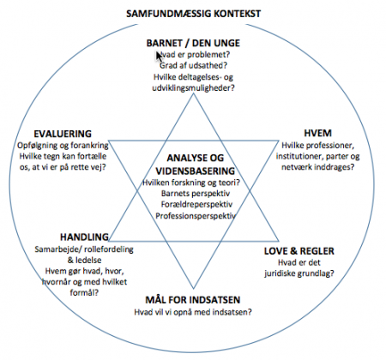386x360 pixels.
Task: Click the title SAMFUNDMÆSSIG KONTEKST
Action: pyautogui.click(x=194, y=14)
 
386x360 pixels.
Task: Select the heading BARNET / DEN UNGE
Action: pyautogui.click(x=193, y=43)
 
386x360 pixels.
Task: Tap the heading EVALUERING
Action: pyautogui.click(x=63, y=134)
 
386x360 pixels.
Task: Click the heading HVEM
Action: pyautogui.click(x=317, y=133)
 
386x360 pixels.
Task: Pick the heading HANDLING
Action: pyautogui.click(x=84, y=237)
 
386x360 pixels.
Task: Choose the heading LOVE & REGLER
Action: pyautogui.click(x=299, y=251)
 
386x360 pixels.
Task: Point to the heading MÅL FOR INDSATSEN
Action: pyautogui.click(x=193, y=300)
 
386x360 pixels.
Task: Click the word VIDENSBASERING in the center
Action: pyautogui.click(x=196, y=171)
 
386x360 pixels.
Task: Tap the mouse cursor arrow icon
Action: pyautogui.click(x=159, y=57)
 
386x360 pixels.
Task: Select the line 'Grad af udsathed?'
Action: pyautogui.click(x=193, y=65)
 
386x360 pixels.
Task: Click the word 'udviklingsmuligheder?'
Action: pyautogui.click(x=193, y=88)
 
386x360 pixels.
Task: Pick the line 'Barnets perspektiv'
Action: pyautogui.click(x=196, y=194)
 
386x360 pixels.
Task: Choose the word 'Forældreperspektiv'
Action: pyautogui.click(x=196, y=205)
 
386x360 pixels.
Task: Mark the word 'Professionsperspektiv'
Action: pyautogui.click(x=196, y=216)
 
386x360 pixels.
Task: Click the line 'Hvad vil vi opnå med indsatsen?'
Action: pyautogui.click(x=193, y=312)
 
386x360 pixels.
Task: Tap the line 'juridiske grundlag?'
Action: pyautogui.click(x=299, y=273)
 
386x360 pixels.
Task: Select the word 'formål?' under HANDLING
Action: pyautogui.click(x=84, y=292)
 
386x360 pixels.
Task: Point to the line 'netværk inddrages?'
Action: pyautogui.click(x=317, y=167)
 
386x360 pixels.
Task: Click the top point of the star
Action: pyautogui.click(x=194, y=93)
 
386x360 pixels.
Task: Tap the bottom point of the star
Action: pyautogui.click(x=194, y=289)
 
